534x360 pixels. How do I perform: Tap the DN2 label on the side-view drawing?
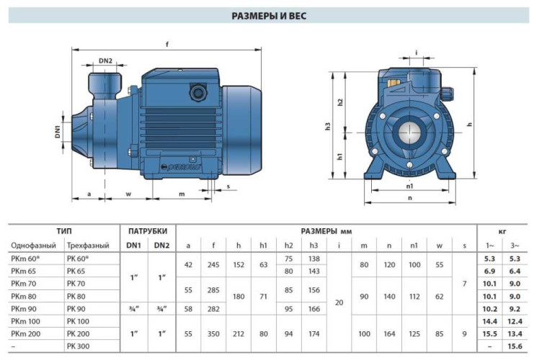(106, 61)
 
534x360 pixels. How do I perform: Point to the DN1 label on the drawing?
(58, 131)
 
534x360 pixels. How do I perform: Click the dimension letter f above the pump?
(167, 45)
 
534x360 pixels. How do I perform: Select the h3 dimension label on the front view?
(327, 127)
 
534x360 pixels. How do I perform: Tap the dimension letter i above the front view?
(417, 52)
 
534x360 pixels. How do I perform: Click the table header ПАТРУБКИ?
(148, 231)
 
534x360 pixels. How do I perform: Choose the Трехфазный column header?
(88, 246)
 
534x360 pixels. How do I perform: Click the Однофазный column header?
(34, 246)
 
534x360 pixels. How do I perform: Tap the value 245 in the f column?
(213, 264)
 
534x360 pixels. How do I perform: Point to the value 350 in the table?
(213, 334)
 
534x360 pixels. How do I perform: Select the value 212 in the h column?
(239, 334)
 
